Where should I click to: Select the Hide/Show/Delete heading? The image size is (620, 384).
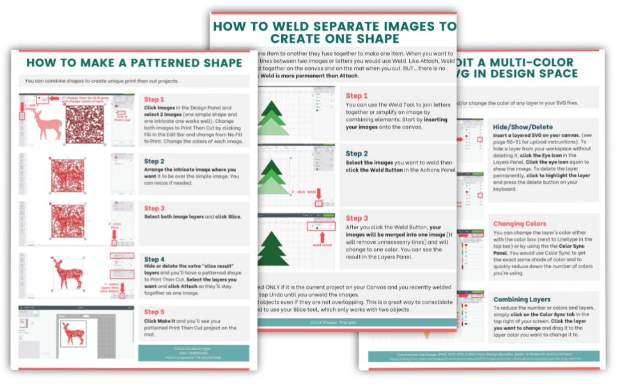523,127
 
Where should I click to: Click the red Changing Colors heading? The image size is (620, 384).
520,223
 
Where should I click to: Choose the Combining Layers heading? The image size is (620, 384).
522,299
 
